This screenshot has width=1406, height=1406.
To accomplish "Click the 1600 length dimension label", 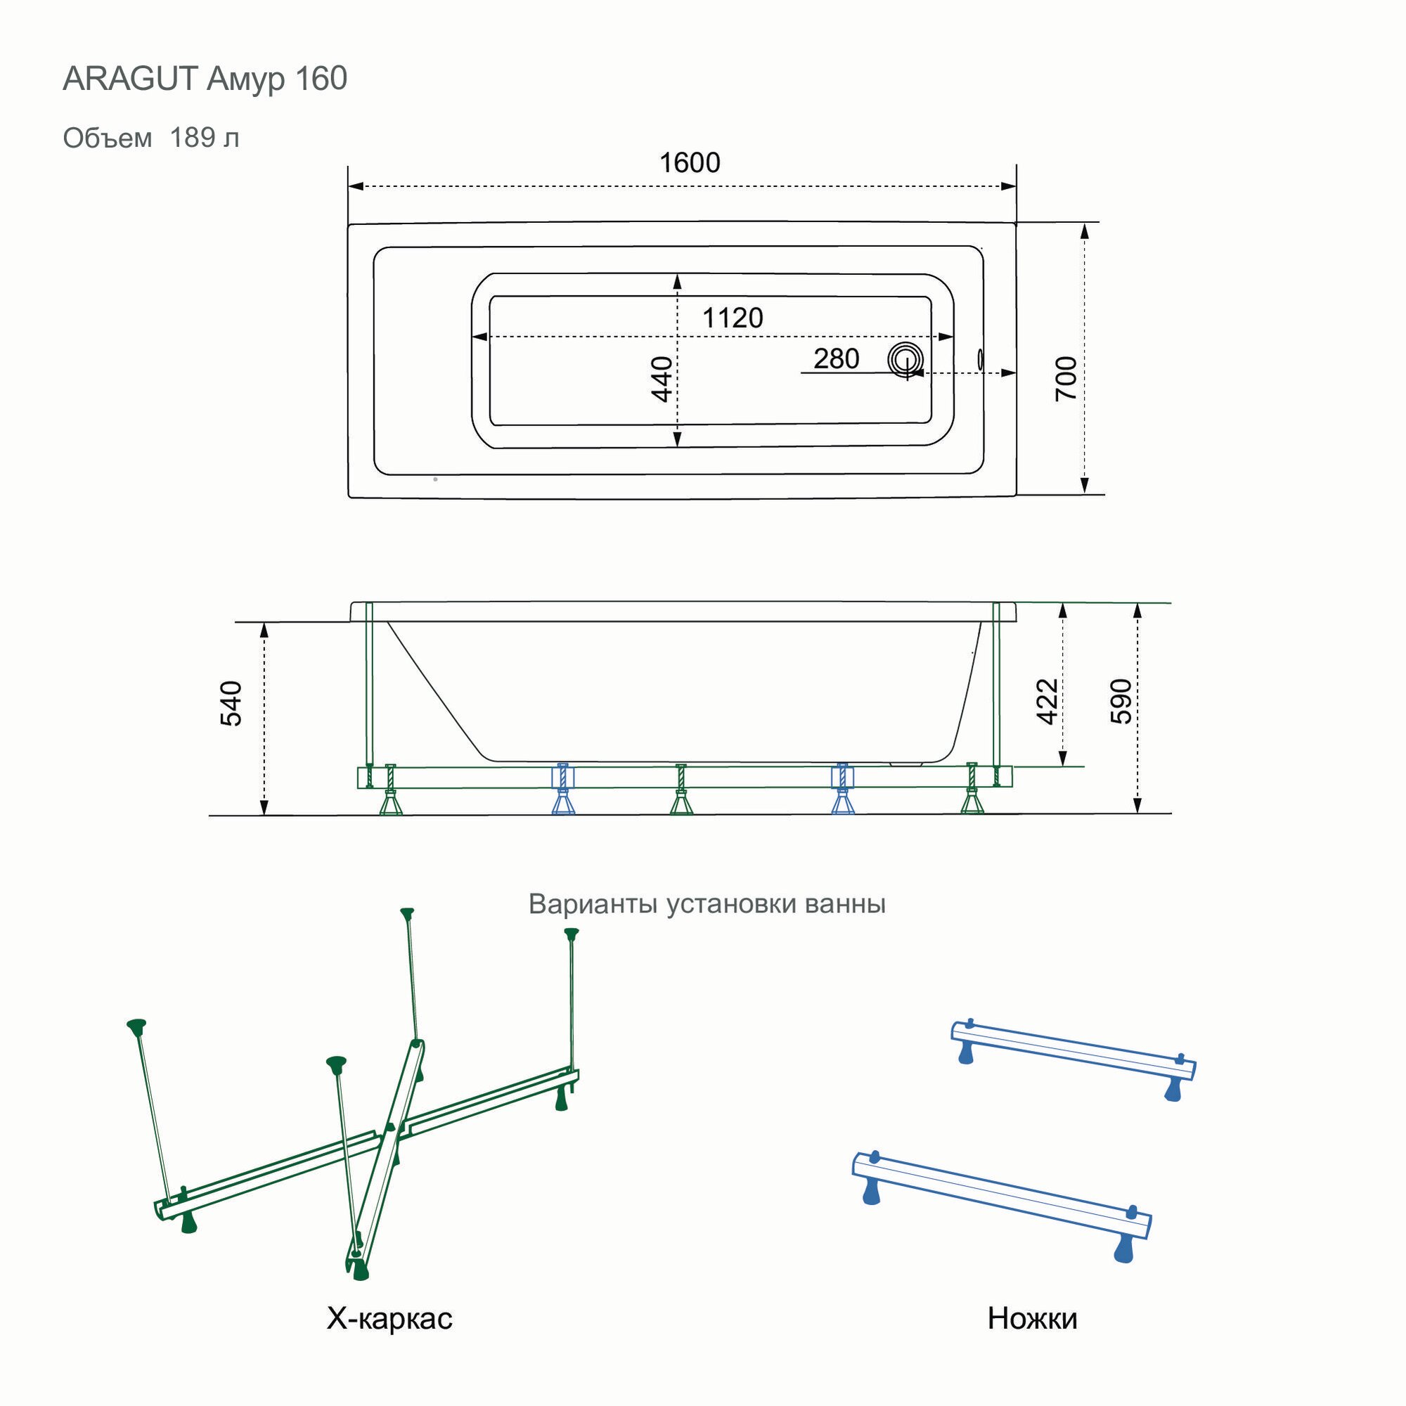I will tap(689, 162).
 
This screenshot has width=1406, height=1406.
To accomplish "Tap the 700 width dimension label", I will tap(1066, 378).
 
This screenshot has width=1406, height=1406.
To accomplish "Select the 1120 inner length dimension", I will tap(732, 318).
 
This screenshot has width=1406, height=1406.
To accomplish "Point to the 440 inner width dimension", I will tap(662, 378).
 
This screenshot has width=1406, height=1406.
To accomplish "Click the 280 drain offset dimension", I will tap(836, 359).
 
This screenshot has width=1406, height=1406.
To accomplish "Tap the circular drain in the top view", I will tap(905, 360).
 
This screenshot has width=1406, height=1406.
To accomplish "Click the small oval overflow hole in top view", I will tap(979, 359).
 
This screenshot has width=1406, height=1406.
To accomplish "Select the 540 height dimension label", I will tap(231, 704).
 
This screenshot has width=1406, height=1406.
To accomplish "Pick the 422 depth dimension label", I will tap(1047, 702).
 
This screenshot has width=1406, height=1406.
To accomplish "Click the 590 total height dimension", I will tap(1121, 702).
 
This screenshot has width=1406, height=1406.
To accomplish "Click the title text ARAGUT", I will tap(130, 79).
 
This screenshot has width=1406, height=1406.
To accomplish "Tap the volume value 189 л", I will tap(205, 138).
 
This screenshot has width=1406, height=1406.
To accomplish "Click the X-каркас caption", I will tap(389, 1318).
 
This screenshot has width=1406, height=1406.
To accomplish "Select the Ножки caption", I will tap(1032, 1318).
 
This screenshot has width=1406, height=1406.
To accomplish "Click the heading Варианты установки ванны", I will tap(707, 904).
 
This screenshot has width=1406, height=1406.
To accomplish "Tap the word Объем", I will tap(108, 138).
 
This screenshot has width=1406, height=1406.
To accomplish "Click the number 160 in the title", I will tap(321, 79).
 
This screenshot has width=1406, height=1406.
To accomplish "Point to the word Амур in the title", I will tap(246, 79).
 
